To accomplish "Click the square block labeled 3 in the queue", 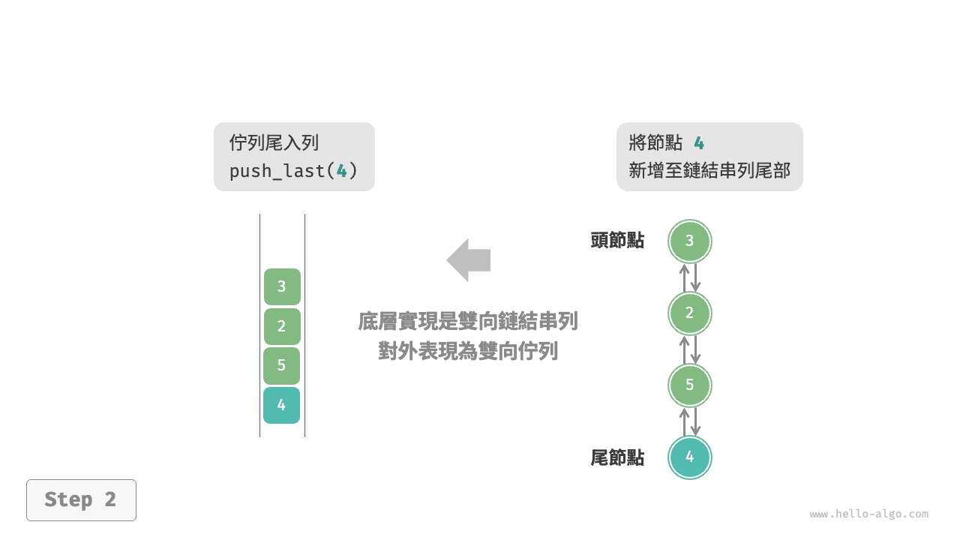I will (282, 286).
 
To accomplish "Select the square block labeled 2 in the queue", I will (282, 326).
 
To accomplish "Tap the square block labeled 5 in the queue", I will (282, 366).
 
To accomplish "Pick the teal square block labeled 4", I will (282, 405).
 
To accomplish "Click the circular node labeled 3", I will (690, 241).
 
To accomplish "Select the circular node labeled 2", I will (690, 313).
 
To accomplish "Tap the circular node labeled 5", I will (690, 385).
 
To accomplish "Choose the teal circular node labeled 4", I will (690, 457).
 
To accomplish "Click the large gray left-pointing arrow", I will (469, 260).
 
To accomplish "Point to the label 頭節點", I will (617, 241).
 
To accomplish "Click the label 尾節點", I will (617, 457).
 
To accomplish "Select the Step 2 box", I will (81, 499).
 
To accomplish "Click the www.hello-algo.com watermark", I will (868, 514).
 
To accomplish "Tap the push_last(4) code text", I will (293, 171).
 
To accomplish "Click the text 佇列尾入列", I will (274, 143).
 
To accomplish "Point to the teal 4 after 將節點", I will (699, 143).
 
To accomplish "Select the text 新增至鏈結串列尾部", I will (709, 171).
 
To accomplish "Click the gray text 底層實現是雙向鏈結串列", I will (468, 322).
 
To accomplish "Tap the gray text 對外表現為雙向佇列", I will (468, 351).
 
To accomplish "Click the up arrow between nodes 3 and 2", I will (684, 277).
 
